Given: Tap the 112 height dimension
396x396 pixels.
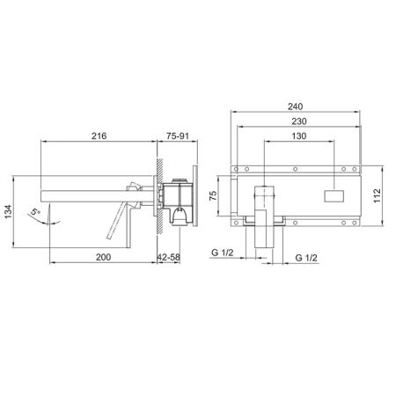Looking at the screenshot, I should point(378,194).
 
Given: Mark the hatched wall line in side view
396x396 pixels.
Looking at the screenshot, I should point(156,198).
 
